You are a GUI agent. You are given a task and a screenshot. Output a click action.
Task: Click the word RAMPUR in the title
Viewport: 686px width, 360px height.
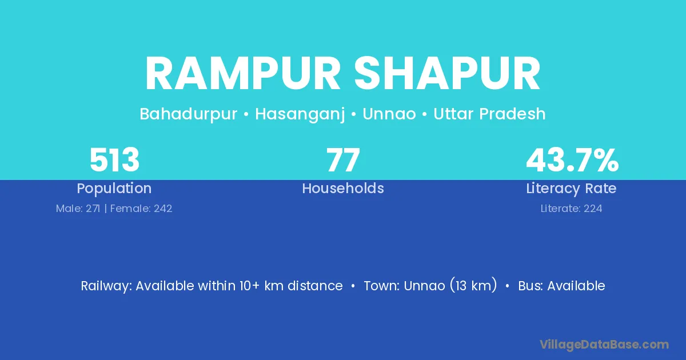[x=243, y=74]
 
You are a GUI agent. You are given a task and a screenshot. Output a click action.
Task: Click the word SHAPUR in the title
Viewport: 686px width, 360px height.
[x=447, y=74]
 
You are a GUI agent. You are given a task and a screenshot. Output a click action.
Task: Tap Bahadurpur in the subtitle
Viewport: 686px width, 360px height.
[x=188, y=114]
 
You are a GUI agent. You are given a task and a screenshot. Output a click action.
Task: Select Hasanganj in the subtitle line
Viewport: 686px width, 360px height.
[x=300, y=114]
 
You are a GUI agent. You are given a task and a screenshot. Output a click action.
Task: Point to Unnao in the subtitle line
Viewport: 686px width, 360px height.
[x=389, y=114]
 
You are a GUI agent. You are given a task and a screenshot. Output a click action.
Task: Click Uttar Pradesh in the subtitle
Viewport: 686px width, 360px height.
[x=489, y=114]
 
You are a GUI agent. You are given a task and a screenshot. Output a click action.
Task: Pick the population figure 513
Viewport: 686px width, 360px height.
[x=114, y=160]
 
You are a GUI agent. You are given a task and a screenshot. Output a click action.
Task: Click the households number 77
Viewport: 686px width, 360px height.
[x=343, y=160]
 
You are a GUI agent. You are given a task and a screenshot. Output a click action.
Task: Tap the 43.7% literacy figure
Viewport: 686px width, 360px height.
[x=572, y=160]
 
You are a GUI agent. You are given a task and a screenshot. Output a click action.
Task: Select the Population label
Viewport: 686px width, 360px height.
[x=114, y=189]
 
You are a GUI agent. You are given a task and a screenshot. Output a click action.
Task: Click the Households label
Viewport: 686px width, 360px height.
[x=343, y=188]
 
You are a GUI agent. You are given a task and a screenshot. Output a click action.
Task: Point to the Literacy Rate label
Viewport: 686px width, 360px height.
[x=571, y=189]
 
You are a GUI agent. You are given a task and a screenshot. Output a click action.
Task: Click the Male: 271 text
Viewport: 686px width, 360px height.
[x=78, y=209]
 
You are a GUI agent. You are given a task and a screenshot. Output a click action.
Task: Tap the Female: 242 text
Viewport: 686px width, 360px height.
[x=141, y=209]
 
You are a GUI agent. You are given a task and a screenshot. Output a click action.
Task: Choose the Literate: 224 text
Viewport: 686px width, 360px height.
[x=572, y=209]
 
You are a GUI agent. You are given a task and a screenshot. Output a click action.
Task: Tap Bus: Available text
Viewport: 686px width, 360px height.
[x=561, y=286]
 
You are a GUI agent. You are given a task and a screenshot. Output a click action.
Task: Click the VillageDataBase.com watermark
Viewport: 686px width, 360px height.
[x=604, y=345]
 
